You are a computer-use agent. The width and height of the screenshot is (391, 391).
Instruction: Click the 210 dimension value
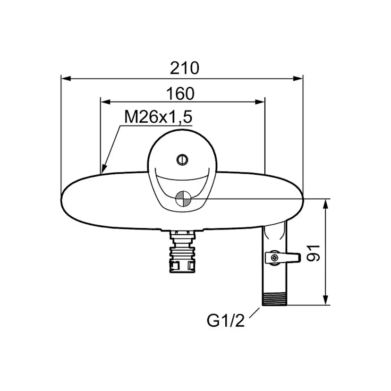[x=185, y=68]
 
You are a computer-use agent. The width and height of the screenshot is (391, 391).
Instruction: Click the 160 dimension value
[x=180, y=94]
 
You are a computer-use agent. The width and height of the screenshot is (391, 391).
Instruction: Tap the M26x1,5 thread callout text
[x=158, y=117]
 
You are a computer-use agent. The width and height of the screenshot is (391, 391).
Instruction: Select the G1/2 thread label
[x=225, y=321]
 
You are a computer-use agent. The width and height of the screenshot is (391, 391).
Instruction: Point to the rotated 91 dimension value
[x=313, y=253]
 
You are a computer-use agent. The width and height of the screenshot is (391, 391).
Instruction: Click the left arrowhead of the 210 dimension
[x=66, y=78]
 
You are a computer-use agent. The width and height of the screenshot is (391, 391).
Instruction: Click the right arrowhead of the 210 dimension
[x=298, y=78]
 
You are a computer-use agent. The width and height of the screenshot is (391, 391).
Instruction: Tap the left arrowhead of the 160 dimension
[x=105, y=102]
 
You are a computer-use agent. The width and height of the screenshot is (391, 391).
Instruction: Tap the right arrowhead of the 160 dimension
[x=260, y=102]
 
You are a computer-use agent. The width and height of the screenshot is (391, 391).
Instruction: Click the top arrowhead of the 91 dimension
[x=325, y=204]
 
